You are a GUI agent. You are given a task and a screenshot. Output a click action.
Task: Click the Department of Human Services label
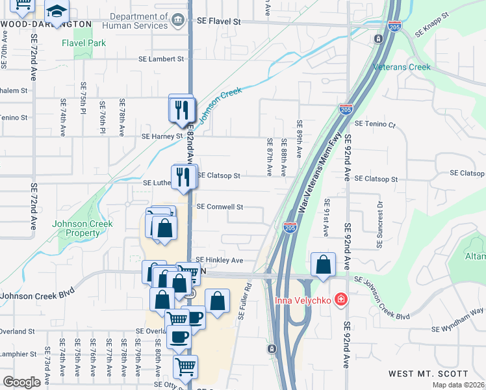point(138,21)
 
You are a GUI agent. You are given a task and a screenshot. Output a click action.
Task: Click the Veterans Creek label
point(402,67)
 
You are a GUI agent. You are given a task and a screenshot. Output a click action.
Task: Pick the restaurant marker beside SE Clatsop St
point(184,176)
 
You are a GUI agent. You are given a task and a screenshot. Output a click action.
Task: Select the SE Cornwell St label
point(220,207)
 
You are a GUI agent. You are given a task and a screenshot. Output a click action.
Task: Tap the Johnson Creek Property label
point(83,228)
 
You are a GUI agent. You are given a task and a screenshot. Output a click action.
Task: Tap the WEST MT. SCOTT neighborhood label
point(428,374)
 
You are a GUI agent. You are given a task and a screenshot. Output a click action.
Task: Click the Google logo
point(22,382)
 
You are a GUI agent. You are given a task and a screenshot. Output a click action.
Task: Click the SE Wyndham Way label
point(462,318)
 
